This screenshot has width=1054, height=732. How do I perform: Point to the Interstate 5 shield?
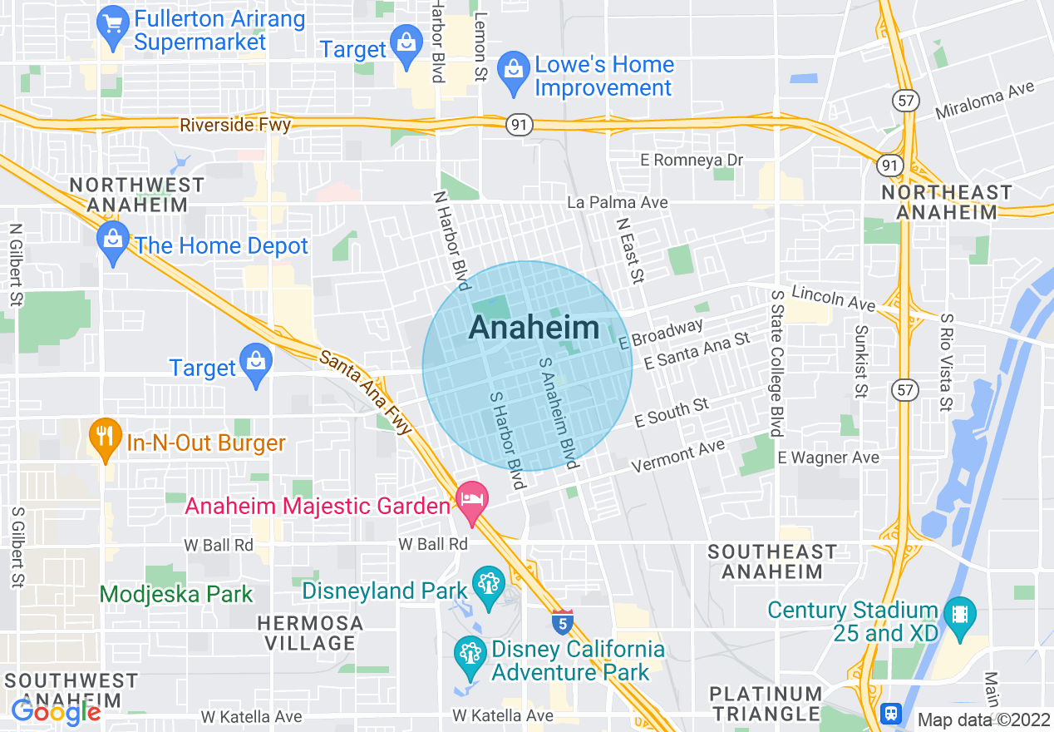coord(562,621)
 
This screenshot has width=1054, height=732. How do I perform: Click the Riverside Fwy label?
coord(236,125)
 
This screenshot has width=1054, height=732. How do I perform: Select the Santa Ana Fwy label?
coord(366,392)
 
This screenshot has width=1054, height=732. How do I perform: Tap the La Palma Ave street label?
coord(617,202)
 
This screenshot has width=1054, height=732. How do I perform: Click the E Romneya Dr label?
coord(692,160)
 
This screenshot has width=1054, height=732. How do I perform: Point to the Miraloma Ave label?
coord(985,99)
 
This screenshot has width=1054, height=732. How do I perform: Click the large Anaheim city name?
coord(534,328)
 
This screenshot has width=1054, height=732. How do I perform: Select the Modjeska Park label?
coord(176,594)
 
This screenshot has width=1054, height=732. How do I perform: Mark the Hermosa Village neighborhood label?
coord(310,633)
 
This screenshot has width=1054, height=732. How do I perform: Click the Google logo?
coord(56,712)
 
